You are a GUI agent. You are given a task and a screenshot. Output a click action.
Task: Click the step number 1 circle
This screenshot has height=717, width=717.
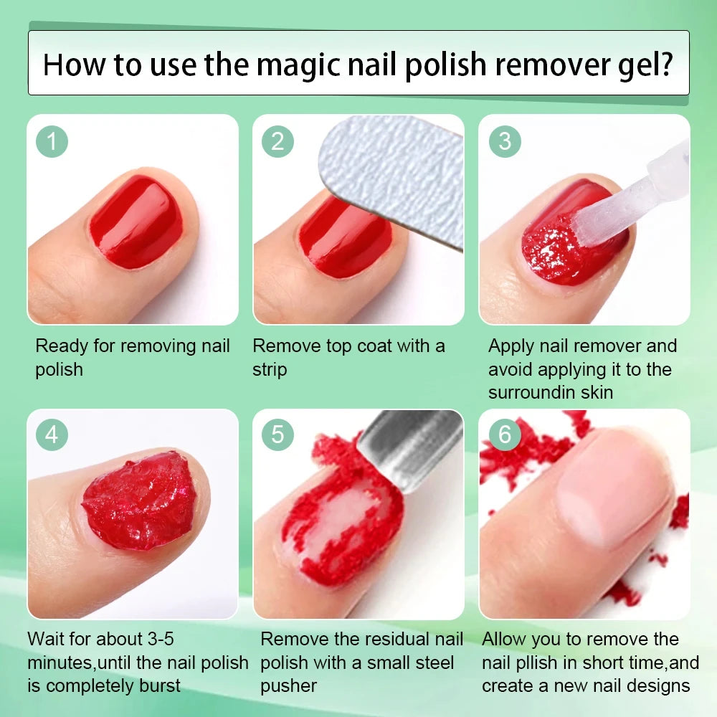(52, 141)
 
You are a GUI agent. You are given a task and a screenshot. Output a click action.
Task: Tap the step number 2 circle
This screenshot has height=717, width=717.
(277, 141)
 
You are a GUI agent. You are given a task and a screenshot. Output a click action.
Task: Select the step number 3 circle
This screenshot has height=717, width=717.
(505, 141)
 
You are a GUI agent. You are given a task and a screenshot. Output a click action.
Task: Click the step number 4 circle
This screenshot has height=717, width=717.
(52, 435)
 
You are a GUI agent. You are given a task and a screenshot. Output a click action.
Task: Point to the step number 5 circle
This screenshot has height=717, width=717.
(277, 435)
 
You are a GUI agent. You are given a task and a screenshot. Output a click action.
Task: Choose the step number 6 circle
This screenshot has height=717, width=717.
(505, 435)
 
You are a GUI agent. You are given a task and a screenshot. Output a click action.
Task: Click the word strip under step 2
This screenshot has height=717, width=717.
(270, 370)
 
